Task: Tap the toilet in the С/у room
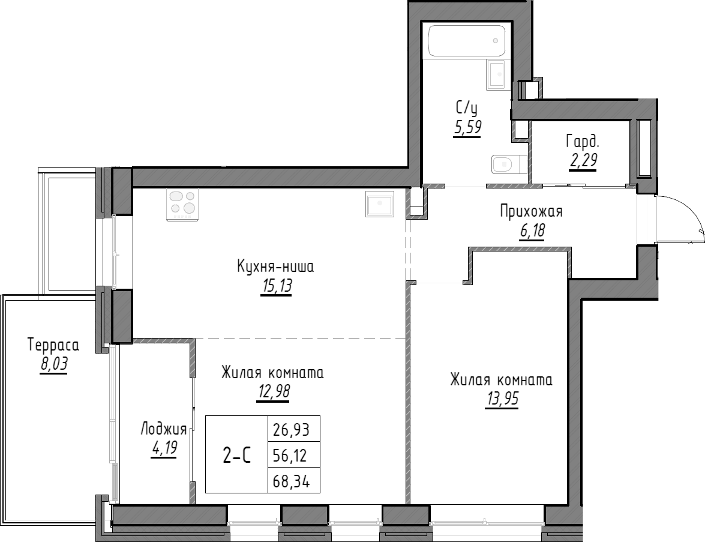(508, 163)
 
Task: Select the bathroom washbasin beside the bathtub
(497, 75)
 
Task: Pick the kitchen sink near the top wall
(379, 203)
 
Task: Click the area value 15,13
(276, 287)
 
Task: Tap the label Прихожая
(531, 211)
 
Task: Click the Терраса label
(53, 345)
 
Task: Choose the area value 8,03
(54, 365)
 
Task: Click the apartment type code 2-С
(237, 457)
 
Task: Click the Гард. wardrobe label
(582, 142)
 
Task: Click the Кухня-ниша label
(275, 266)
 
